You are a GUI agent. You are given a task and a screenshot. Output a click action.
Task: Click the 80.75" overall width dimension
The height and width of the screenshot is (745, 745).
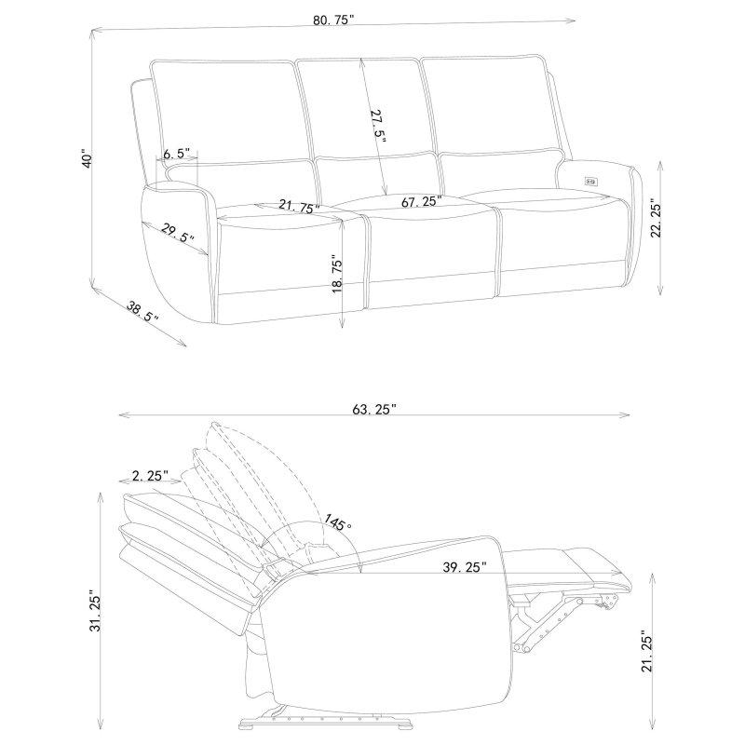click(x=333, y=20)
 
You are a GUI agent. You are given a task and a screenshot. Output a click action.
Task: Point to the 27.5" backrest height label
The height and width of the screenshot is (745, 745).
click(x=378, y=126)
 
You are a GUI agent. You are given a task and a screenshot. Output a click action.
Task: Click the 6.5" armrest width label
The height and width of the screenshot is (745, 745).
click(x=176, y=154)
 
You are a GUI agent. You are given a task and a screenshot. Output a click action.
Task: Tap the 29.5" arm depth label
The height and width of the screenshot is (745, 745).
click(x=178, y=232)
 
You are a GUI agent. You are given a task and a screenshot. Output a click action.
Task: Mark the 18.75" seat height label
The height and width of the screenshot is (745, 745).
click(x=337, y=276)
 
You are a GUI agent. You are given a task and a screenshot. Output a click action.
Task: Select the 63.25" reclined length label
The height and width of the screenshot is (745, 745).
click(x=374, y=409)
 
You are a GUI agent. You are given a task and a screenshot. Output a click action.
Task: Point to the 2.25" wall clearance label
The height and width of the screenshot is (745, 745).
click(x=151, y=475)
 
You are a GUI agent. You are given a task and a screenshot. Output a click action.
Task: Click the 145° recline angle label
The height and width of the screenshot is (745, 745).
click(x=338, y=524)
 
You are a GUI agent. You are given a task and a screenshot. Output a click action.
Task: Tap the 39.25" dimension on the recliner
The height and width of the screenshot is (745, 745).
click(x=465, y=567)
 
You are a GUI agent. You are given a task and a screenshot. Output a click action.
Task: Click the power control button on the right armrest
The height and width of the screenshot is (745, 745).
click(x=591, y=180)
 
